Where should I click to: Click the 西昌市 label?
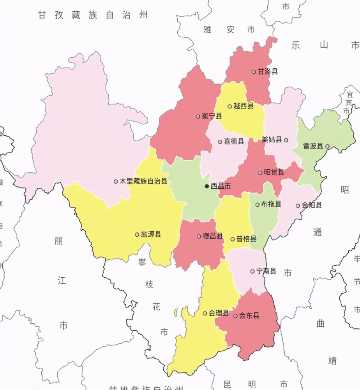(221, 186)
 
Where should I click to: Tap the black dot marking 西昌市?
(207, 186)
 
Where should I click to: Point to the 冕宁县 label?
(212, 116)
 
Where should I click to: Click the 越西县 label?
(244, 106)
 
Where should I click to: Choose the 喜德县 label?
(234, 142)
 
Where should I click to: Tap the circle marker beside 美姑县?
(286, 140)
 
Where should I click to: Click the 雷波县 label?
(313, 146)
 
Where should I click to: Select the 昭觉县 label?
(274, 172)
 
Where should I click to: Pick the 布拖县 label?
(271, 204)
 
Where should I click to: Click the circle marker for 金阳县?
(298, 206)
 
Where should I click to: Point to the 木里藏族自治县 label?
(143, 181)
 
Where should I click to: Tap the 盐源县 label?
(151, 234)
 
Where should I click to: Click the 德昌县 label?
(213, 236)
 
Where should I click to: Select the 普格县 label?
(247, 239)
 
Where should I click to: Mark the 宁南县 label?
(266, 271)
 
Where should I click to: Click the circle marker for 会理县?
(205, 313)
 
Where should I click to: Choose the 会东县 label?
(249, 316)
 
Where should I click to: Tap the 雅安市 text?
(229, 30)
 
